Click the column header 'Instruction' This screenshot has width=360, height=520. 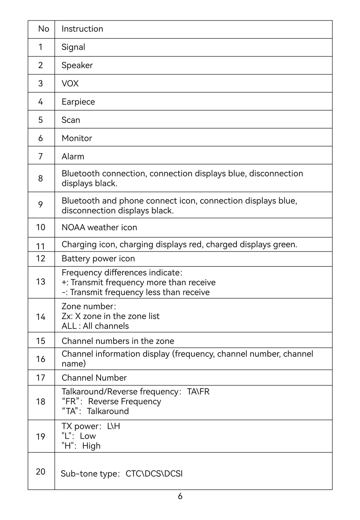[82, 29]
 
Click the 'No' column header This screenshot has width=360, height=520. [44, 29]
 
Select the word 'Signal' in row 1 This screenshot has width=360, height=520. [73, 47]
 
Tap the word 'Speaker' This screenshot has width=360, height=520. [77, 65]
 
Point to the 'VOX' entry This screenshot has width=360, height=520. [70, 84]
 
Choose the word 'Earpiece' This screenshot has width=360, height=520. [78, 102]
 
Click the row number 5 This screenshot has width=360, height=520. [41, 120]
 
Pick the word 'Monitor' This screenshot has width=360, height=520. [77, 138]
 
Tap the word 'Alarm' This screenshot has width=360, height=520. [73, 157]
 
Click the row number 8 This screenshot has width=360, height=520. [41, 179]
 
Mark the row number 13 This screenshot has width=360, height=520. [41, 282]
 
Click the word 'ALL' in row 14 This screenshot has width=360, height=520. [69, 326]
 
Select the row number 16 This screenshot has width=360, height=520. [41, 359]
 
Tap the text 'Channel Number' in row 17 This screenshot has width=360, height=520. [94, 378]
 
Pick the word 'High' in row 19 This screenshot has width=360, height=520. [92, 446]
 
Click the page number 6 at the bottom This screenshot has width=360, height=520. [180, 496]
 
